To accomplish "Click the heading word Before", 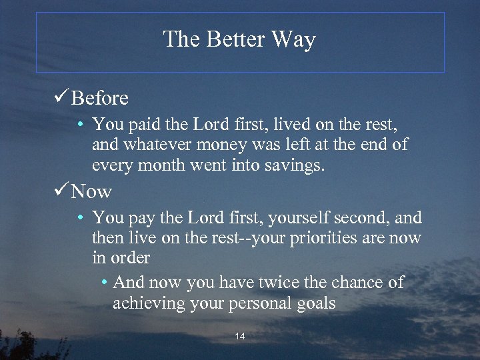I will coord(100,99).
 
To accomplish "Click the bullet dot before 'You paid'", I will coord(79,125).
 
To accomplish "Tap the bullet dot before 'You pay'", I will coord(79,218).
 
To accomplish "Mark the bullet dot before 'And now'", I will coord(105,283).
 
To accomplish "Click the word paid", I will coord(140,125).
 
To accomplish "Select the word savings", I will coord(299,165).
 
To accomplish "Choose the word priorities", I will coord(317,237).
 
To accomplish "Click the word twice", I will coord(291,283).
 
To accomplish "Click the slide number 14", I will coord(240,337).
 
